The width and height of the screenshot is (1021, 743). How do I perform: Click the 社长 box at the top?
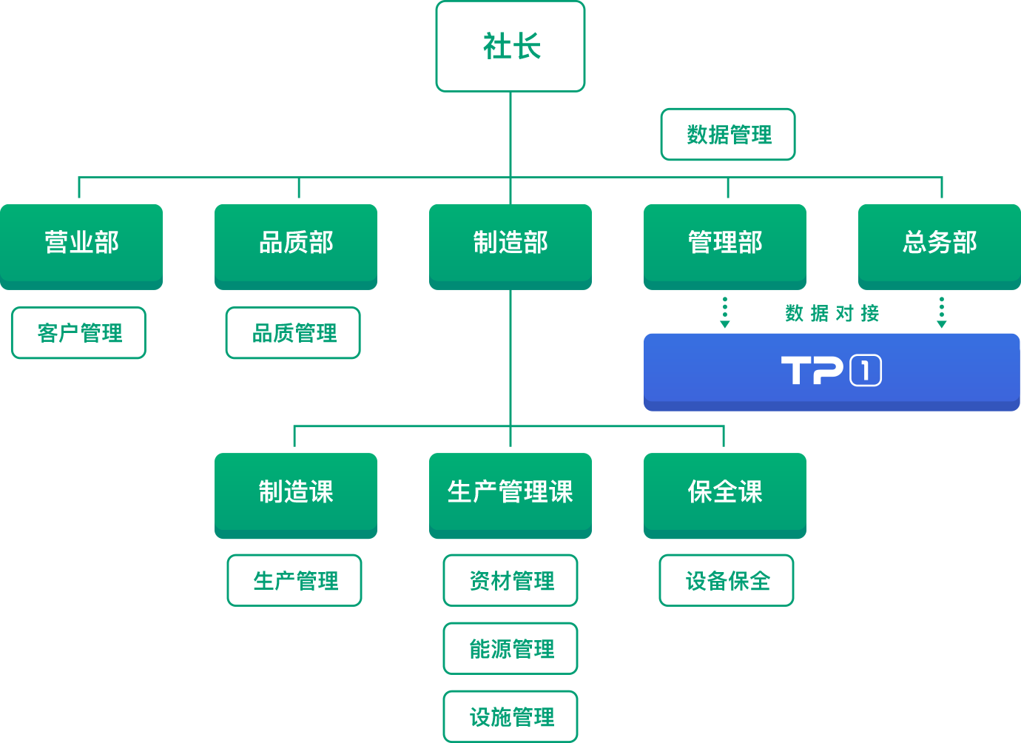(x=510, y=47)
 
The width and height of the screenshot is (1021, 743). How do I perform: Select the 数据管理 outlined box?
(x=728, y=135)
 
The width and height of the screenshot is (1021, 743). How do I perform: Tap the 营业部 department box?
(x=81, y=246)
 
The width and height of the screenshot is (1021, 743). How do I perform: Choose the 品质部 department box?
(x=296, y=246)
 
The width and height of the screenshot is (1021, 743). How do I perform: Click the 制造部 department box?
(x=510, y=246)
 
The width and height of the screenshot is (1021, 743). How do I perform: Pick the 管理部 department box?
(x=725, y=246)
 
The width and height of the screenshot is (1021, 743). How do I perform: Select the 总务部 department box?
(x=940, y=246)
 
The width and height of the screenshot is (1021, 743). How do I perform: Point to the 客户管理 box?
(x=79, y=333)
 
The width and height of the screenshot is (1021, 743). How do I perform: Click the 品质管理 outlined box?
(x=293, y=333)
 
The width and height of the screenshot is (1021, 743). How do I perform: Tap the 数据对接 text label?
(x=832, y=313)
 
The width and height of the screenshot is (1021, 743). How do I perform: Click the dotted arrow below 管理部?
(x=725, y=312)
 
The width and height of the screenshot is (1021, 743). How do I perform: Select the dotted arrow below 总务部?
(x=942, y=312)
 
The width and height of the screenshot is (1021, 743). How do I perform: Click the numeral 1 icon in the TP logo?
(x=866, y=370)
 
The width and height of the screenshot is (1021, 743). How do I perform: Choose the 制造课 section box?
(x=296, y=496)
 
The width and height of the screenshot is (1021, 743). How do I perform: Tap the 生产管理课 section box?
(x=510, y=496)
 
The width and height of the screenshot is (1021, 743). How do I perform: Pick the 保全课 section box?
(x=725, y=496)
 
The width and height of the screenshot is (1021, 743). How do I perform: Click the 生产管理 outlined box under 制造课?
(x=294, y=580)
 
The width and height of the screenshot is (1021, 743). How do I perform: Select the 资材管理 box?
(x=510, y=580)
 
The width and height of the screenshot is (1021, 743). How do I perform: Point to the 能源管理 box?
(x=510, y=648)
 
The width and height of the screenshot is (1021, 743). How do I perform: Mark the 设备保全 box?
(x=727, y=580)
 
